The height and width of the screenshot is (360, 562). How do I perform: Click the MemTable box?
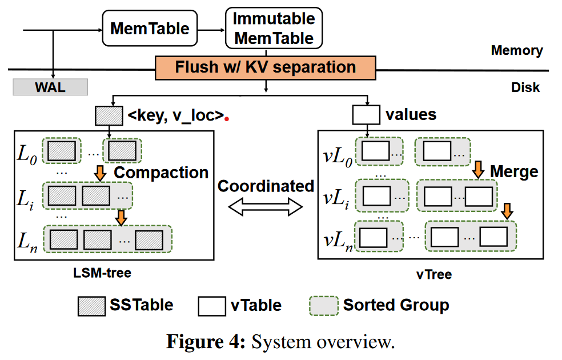pos(150,29)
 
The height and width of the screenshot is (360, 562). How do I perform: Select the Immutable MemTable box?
pos(274,28)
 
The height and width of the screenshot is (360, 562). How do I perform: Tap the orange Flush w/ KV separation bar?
pos(266,67)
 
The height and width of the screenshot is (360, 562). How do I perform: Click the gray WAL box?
pos(50,87)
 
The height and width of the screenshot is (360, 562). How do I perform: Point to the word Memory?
pos(517,50)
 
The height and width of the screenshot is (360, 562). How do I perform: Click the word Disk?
pos(525,88)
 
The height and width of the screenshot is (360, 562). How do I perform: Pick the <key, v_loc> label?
pos(175,115)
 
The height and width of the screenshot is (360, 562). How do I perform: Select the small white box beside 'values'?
pos(366,115)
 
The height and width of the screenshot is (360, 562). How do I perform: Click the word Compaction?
pos(162,173)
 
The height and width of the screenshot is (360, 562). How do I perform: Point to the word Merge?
pos(513,171)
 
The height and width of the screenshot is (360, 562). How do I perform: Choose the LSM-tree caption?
pos(102,273)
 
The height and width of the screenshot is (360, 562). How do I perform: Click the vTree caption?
pos(434,274)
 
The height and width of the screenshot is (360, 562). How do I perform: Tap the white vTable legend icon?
pos(212,305)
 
